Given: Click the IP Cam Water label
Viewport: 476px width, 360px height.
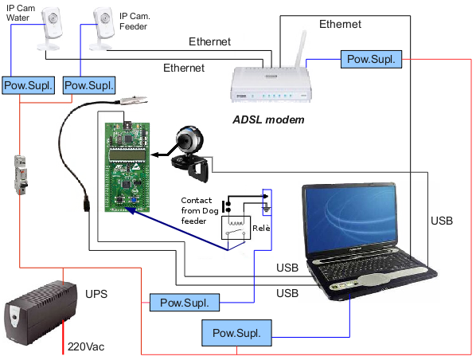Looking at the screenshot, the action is point(21,13).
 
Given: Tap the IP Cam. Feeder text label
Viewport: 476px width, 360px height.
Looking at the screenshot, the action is point(135,22).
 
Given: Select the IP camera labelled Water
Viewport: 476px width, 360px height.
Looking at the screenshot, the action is point(50,29).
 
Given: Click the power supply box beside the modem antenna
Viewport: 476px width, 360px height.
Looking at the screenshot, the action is point(371,59).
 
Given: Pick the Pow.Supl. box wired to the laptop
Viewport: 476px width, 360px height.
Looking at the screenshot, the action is point(236,333).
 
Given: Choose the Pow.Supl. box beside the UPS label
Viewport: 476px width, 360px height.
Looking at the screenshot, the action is point(185,303).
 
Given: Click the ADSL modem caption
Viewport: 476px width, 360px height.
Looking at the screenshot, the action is point(268,119).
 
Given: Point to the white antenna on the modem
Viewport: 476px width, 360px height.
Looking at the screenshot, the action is point(301,49).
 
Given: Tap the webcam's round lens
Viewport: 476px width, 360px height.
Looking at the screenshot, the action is point(184,140).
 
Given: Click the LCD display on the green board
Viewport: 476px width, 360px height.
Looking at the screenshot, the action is point(127,155).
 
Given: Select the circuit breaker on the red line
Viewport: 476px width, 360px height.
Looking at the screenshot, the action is point(21,174).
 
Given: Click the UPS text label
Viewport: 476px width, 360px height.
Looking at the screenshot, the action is point(96,294).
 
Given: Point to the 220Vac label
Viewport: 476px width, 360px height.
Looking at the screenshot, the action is point(86,346).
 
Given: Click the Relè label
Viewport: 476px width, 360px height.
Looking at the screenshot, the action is point(261,228).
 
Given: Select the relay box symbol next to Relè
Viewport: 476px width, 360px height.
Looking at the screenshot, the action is point(236,228).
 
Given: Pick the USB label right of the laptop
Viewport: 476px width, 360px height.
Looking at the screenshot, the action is point(442,221).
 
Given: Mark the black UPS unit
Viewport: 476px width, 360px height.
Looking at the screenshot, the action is point(41,313).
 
